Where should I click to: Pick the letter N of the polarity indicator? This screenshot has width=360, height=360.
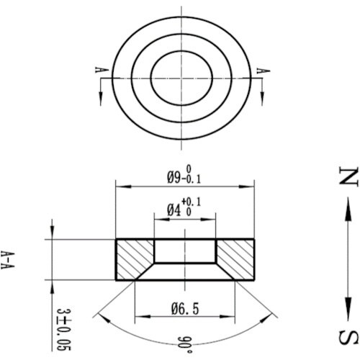(x=348, y=175)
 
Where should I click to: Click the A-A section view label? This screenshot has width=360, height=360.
(x=7, y=260)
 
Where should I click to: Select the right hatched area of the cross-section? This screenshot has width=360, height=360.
(x=236, y=259)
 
